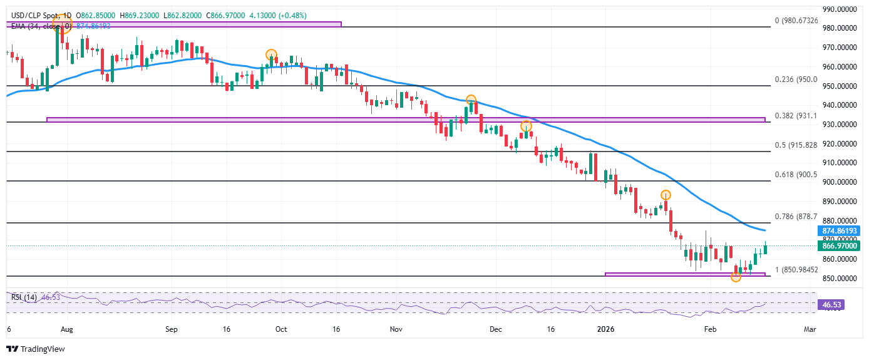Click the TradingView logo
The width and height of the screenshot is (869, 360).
[x=36, y=349]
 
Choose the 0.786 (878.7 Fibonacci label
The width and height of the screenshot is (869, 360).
[x=796, y=217]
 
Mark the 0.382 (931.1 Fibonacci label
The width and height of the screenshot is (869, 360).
[x=796, y=116]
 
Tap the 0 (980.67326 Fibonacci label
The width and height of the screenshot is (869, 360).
[x=795, y=21]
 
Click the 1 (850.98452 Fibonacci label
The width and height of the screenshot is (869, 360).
[x=796, y=270]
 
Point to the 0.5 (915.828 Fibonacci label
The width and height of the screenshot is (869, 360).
[x=796, y=145]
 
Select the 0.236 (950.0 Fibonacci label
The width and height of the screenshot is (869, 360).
[x=796, y=80]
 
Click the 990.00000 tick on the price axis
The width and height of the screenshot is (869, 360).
[x=840, y=9]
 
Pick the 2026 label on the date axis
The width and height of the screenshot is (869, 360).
[x=605, y=328]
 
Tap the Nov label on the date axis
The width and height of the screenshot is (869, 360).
[x=395, y=328]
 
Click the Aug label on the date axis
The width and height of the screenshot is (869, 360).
[x=67, y=328]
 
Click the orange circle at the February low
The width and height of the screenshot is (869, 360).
[x=736, y=277]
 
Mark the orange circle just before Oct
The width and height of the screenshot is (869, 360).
[x=271, y=54]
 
